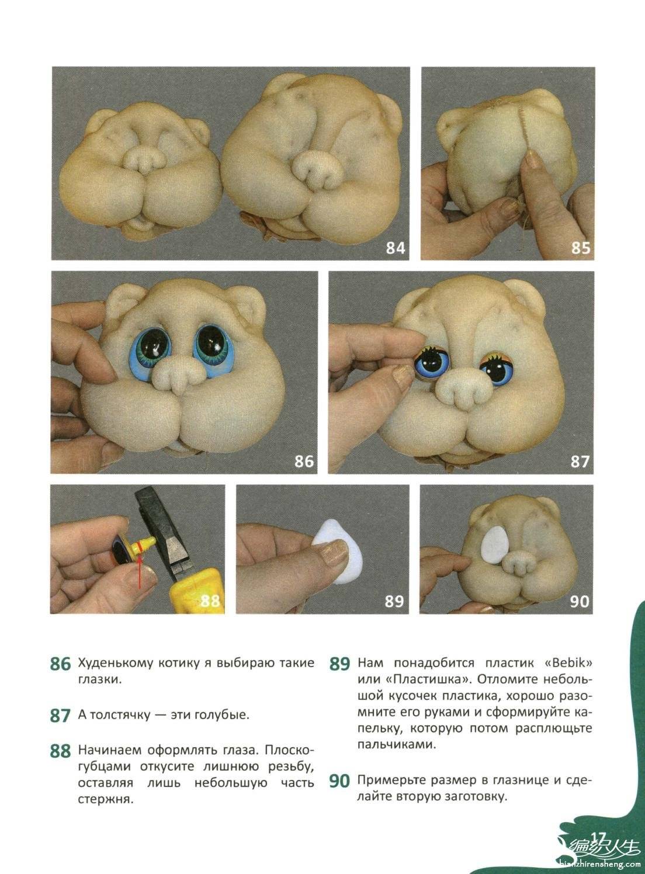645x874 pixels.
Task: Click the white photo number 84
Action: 396,248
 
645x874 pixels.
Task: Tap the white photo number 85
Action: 581,248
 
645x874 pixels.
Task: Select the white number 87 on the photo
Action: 580,461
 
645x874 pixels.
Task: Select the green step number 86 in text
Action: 60,664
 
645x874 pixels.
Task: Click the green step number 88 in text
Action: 60,751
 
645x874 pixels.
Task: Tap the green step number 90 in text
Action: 339,781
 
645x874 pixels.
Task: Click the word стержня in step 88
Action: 106,800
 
